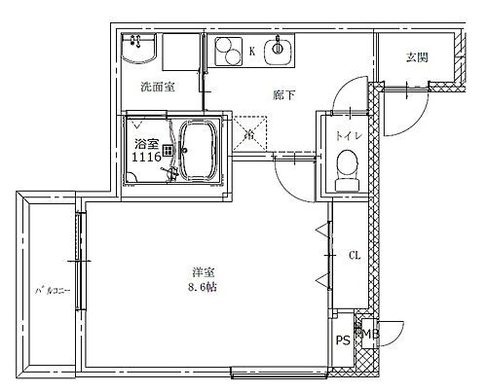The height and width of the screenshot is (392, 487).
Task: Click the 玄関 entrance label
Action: pyautogui.click(x=417, y=57)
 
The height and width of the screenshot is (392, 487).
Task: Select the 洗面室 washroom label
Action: pyautogui.click(x=157, y=87)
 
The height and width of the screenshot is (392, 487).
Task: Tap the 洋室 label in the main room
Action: pyautogui.click(x=204, y=273)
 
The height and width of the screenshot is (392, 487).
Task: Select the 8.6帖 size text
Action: pyautogui.click(x=204, y=288)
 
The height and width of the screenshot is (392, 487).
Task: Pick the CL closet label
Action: pyautogui.click(x=356, y=256)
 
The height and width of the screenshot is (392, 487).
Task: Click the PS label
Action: pyautogui.click(x=342, y=340)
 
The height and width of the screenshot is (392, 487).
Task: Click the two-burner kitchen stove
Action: pyautogui.click(x=226, y=50)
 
